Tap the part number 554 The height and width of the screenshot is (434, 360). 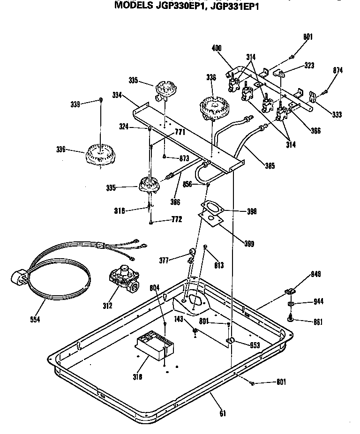(x=35, y=319)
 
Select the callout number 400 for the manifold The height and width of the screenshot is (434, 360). (x=217, y=48)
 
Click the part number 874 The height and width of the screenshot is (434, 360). (x=337, y=70)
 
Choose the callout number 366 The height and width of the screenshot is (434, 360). (x=315, y=131)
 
